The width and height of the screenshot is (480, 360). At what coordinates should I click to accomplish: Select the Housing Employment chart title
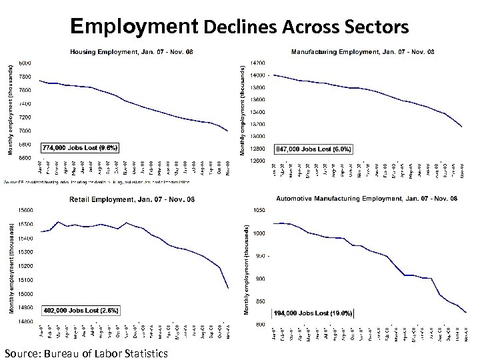132,51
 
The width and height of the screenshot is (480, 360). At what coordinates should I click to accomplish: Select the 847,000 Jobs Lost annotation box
313,148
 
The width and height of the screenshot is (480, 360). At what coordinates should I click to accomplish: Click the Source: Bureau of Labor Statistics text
85,352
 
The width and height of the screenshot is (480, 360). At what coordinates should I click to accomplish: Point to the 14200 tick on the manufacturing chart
257,63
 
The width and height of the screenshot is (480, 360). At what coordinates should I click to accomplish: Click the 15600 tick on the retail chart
27,211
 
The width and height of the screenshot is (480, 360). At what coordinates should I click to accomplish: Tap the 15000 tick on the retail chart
27,293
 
